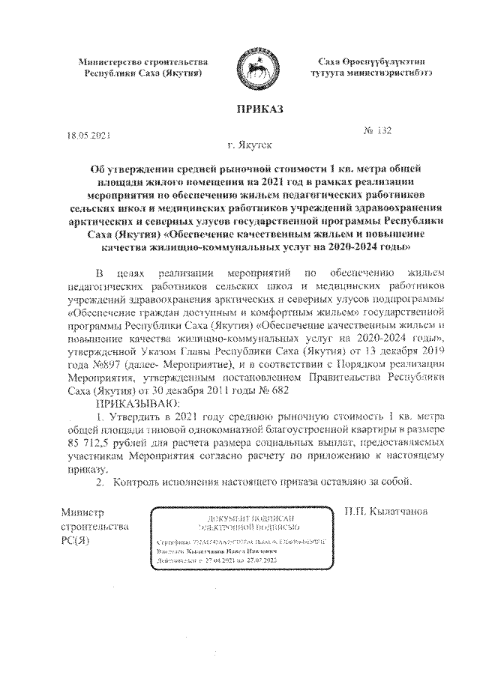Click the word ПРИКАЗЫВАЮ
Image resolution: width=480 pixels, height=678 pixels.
pyautogui.click(x=139, y=402)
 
